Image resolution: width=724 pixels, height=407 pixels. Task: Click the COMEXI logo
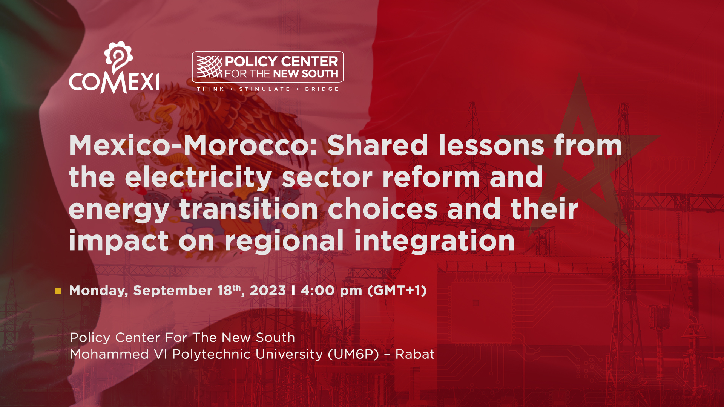click(x=114, y=68)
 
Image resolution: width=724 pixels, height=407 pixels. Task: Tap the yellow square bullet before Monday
click(x=58, y=291)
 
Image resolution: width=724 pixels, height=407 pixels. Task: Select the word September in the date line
click(x=173, y=291)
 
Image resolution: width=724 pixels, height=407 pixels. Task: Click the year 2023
click(x=268, y=291)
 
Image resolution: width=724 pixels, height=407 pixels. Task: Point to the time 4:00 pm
click(x=331, y=291)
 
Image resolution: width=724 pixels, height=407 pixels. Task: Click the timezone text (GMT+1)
click(x=397, y=291)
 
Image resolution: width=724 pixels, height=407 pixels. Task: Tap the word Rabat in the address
click(x=415, y=354)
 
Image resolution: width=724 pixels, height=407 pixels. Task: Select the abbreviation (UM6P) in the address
click(x=353, y=354)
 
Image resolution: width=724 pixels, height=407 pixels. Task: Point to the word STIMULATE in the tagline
click(x=265, y=89)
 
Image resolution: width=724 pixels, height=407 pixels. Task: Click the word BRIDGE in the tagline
click(x=322, y=89)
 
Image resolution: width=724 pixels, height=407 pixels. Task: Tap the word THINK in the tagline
click(x=210, y=89)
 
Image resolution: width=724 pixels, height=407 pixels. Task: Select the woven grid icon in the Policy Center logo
click(x=210, y=67)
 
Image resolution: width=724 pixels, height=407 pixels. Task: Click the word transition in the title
click(x=249, y=209)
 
